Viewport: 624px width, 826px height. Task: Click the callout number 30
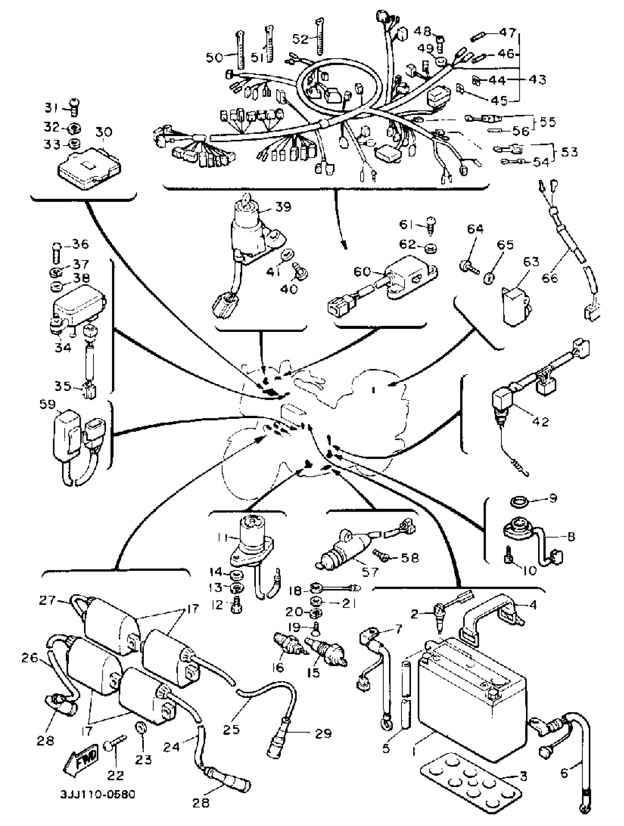point(104,132)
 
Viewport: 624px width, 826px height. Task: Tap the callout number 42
point(540,421)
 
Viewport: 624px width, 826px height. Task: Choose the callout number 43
point(538,80)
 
